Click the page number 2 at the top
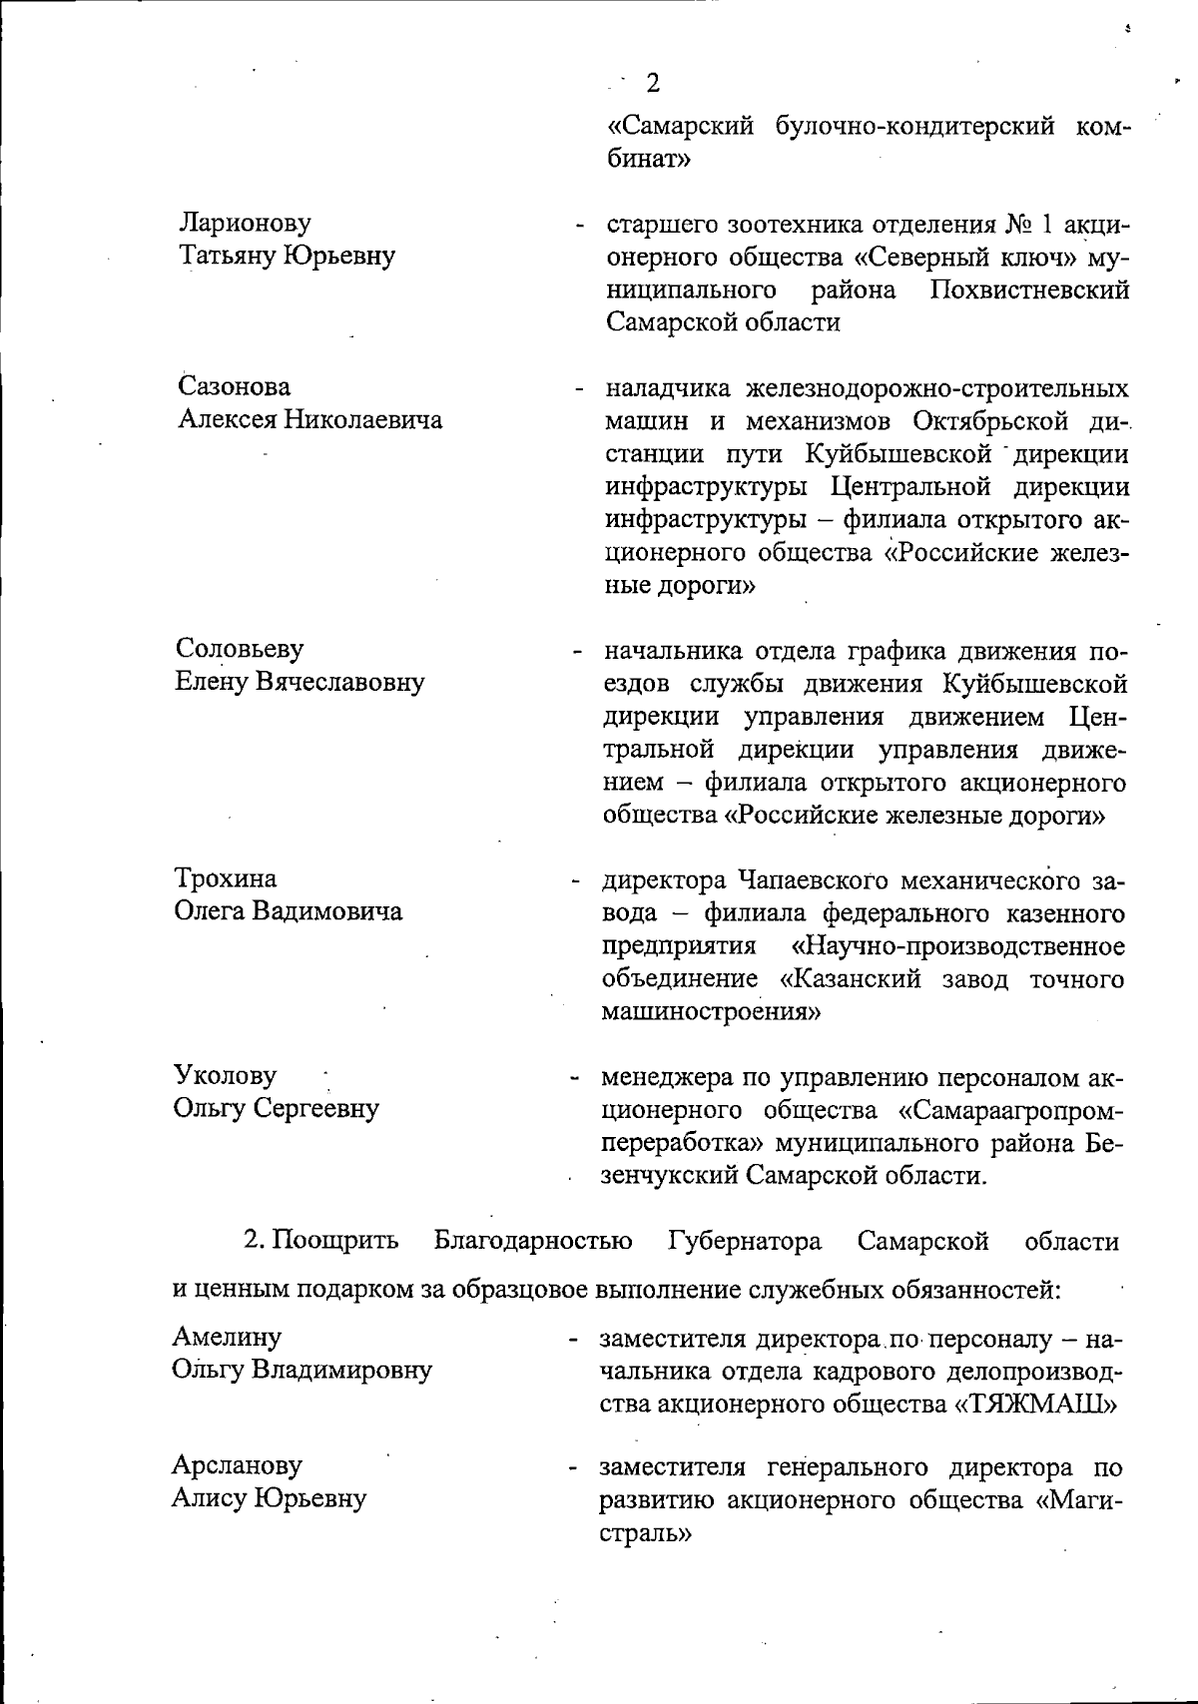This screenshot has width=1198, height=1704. point(653,83)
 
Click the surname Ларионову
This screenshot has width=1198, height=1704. point(245,223)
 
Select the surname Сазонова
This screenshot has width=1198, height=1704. point(236,386)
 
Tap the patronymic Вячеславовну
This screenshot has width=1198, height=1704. point(341,683)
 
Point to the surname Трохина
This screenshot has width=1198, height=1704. point(227,879)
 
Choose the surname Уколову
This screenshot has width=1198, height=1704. point(226,1076)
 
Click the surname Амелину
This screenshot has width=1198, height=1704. point(227,1337)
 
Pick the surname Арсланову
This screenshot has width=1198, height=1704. point(238,1466)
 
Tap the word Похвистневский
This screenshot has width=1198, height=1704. point(1029,290)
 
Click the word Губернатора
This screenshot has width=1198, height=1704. point(745,1242)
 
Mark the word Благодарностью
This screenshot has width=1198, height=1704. point(533,1242)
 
